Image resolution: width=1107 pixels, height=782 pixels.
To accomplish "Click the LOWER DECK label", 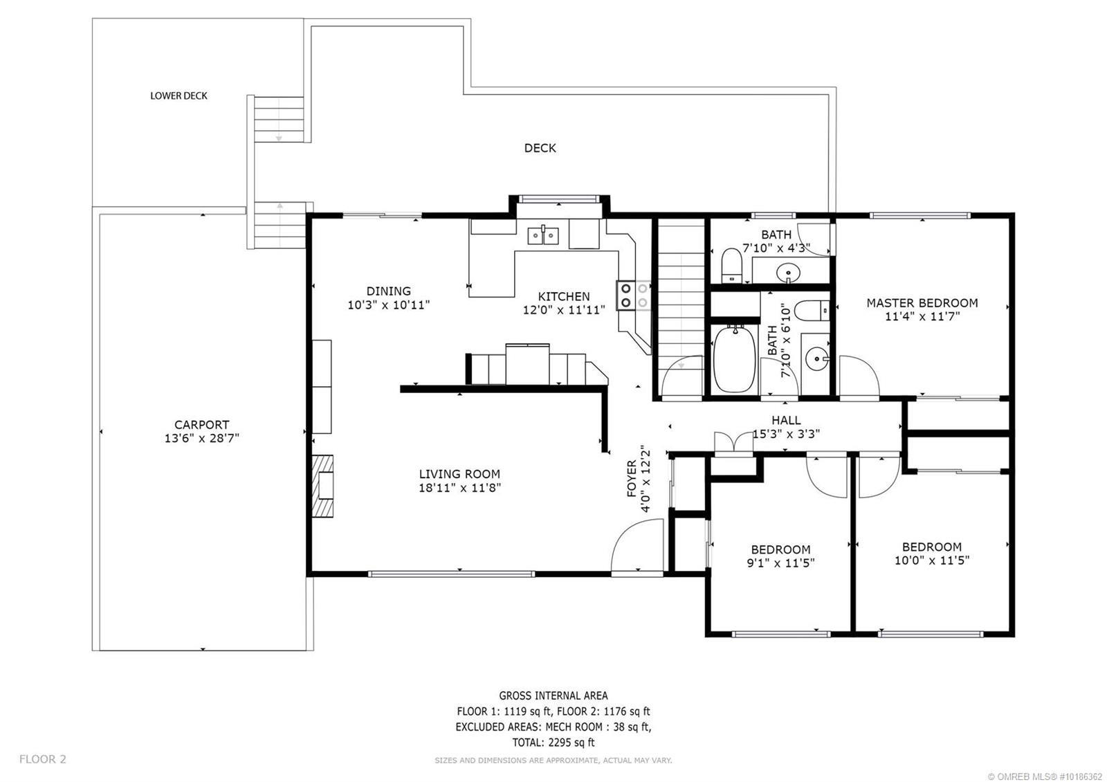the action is (179, 96).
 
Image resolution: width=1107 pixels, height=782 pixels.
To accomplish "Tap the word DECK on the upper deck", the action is (540, 148).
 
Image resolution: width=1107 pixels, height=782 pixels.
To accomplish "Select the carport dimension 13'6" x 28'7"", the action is (201, 438).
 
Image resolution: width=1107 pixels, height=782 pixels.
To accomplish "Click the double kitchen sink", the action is (543, 236).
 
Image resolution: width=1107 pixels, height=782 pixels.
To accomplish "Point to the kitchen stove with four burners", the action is (634, 295).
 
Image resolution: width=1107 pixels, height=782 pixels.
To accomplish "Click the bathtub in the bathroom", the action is (734, 359).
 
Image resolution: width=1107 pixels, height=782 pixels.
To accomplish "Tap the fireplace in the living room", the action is (322, 486).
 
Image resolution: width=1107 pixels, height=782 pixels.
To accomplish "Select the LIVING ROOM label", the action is (459, 474).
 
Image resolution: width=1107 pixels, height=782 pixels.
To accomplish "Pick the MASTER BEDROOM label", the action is (922, 303).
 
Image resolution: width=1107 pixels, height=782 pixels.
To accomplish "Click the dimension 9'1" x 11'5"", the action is (780, 563).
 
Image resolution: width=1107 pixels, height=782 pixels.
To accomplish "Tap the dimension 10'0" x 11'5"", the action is (931, 560).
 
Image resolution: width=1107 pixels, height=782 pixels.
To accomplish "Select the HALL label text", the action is (786, 420).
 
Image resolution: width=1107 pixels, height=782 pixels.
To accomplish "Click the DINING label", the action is (388, 291).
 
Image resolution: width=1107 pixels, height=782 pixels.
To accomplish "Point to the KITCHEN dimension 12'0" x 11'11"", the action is (564, 310).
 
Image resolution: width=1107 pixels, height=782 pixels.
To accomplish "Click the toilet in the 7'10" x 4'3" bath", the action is (731, 265).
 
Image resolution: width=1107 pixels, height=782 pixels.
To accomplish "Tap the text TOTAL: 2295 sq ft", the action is (553, 742).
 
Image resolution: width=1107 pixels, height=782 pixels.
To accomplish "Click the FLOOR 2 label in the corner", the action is (42, 758).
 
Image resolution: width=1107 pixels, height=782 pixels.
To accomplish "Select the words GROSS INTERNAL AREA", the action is (553, 695).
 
